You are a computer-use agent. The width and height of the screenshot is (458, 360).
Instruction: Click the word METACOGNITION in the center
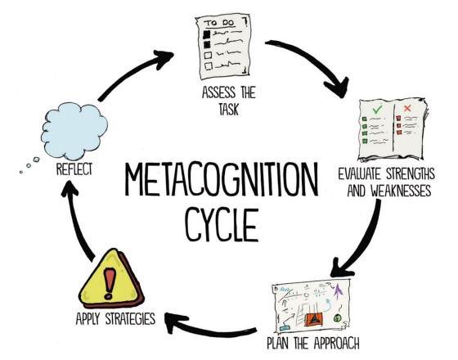[x=222, y=179]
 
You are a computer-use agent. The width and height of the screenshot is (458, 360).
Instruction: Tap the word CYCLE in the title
[x=222, y=224]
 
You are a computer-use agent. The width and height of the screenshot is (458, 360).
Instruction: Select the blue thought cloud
[x=74, y=131]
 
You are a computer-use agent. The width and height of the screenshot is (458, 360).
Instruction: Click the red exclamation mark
[x=110, y=283]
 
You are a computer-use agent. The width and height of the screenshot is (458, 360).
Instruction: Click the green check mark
[x=377, y=110]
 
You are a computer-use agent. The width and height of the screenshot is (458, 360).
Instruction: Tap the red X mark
[x=407, y=108]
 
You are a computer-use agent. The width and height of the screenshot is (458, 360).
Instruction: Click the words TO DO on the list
[x=220, y=23]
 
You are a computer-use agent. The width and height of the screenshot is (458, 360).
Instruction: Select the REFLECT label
[x=74, y=169]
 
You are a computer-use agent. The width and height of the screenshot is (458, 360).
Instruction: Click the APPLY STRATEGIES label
[x=115, y=318]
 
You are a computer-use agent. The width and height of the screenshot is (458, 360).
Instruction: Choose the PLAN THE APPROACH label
[x=313, y=343]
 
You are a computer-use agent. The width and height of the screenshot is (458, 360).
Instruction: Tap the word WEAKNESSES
[x=401, y=191]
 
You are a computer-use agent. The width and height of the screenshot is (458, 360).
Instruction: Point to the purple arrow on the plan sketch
[x=339, y=290]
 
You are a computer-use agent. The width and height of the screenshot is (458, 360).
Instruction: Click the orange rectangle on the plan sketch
[x=314, y=319]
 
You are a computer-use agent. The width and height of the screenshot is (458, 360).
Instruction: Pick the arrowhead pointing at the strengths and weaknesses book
[x=339, y=87]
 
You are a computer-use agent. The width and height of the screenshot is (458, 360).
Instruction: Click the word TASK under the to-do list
[x=229, y=110]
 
